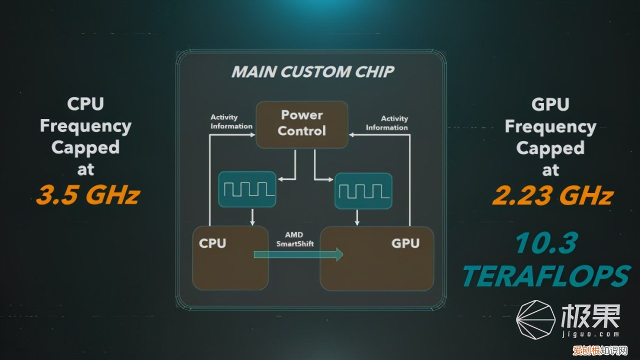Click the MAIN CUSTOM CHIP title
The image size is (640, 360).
pos(313,71)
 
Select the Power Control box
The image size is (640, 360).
pos(301,124)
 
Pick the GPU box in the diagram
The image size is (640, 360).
pos(376,258)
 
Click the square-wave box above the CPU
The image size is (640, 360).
pos(247,189)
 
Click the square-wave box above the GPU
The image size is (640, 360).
pos(363,190)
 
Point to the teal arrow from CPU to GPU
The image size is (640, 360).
pos(298,255)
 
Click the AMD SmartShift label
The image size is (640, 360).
pos(294,239)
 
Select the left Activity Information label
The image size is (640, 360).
pos(231,122)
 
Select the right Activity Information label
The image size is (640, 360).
pos(387,123)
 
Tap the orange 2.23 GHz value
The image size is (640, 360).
pos(552,195)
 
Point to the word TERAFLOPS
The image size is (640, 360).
pos(545,275)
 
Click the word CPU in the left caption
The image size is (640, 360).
pos(85,104)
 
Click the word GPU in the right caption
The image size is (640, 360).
pos(550,104)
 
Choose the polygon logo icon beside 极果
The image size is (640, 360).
pos(535,320)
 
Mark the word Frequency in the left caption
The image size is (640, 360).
pos(85,126)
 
